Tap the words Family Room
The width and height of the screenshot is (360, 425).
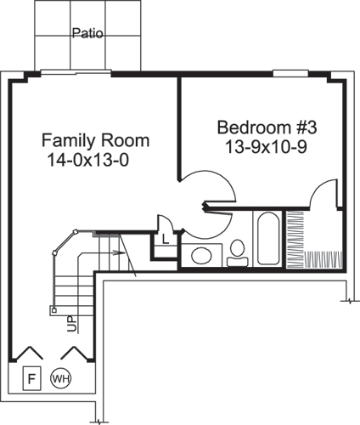[96, 140]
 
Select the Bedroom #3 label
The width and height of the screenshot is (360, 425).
[267, 127]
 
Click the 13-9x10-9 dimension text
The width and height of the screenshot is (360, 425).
[267, 146]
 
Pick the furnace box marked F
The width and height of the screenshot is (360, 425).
[30, 376]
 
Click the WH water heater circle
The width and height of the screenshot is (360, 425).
[60, 377]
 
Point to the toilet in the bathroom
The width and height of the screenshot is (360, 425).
[237, 250]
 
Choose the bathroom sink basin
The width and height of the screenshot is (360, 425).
[202, 254]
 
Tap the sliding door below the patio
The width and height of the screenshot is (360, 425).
[76, 73]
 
